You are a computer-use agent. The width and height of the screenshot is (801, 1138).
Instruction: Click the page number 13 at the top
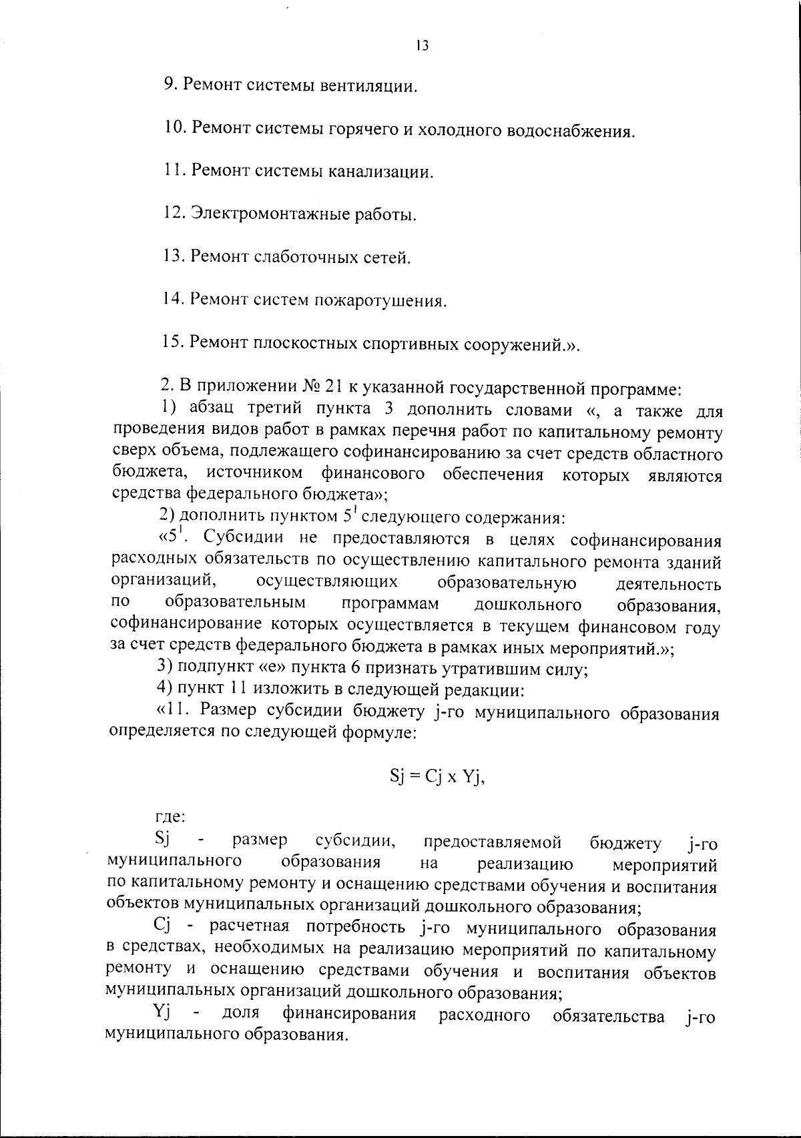[421, 46]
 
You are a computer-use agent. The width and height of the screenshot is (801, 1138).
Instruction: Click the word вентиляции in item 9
[369, 86]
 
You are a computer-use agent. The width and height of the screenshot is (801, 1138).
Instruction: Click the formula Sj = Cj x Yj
[436, 778]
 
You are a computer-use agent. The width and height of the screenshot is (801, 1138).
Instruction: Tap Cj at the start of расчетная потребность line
[164, 926]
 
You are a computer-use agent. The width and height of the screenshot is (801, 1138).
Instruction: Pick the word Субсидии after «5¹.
[244, 538]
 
